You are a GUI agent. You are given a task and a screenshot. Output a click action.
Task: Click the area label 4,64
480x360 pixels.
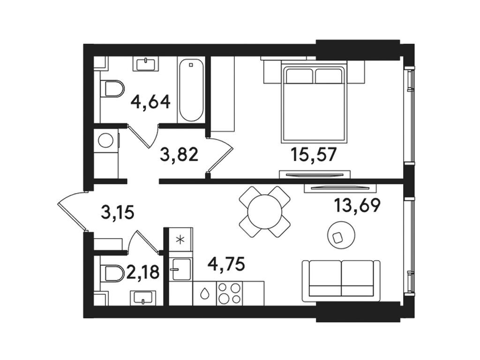(x=150, y=102)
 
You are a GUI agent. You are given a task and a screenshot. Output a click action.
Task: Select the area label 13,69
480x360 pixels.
(x=357, y=205)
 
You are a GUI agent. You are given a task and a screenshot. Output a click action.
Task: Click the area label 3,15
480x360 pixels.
(x=118, y=212)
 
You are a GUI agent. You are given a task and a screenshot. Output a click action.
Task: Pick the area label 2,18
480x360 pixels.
(x=143, y=272)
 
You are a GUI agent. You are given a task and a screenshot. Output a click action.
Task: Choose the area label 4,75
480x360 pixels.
(x=226, y=263)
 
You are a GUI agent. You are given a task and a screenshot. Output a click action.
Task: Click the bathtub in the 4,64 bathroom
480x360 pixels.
(x=191, y=90)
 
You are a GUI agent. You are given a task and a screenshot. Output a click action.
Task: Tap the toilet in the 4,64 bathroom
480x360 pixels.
(x=112, y=89)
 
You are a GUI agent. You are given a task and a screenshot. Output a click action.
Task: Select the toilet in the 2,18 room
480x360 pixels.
(x=112, y=273)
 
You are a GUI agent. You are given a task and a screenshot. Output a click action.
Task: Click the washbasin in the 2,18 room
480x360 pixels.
(x=143, y=298)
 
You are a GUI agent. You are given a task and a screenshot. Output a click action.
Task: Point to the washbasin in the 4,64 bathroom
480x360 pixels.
(x=146, y=64)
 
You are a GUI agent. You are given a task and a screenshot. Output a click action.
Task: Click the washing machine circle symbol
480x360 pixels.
(x=106, y=141)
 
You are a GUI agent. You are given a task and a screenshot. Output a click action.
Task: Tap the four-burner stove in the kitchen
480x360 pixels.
(x=229, y=293)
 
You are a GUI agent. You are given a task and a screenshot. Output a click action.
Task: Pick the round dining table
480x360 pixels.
(x=265, y=211)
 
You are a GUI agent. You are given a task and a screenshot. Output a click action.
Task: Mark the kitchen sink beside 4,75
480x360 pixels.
(x=181, y=269)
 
